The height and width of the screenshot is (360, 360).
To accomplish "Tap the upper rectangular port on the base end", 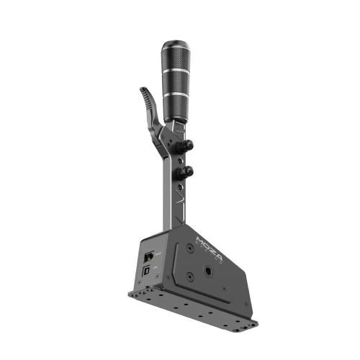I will (148, 256).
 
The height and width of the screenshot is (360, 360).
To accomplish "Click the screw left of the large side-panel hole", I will (189, 276).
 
